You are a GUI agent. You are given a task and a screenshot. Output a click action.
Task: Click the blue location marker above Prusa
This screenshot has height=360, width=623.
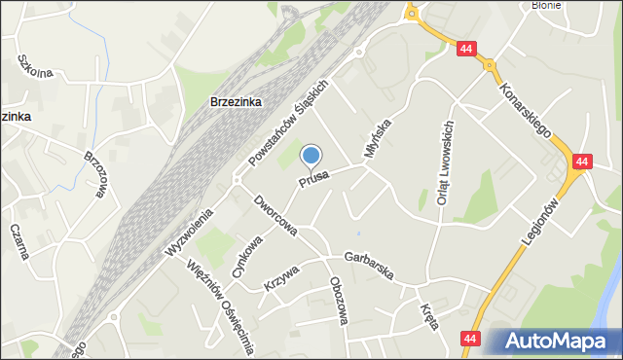[311, 156]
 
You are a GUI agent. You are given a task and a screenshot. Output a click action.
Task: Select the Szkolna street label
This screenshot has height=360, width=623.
[34, 65]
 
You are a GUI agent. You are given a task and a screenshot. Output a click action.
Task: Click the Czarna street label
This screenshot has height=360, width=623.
[18, 241]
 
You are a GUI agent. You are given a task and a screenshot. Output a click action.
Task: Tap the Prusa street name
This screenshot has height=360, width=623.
[314, 179]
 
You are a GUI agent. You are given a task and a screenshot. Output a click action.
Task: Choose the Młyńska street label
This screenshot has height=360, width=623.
[377, 140]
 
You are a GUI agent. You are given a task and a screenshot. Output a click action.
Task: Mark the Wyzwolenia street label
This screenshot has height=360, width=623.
[189, 234]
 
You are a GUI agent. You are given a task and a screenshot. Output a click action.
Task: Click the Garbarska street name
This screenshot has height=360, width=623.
[365, 266]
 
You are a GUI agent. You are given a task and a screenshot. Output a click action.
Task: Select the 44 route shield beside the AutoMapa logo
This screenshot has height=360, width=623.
[471, 338]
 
